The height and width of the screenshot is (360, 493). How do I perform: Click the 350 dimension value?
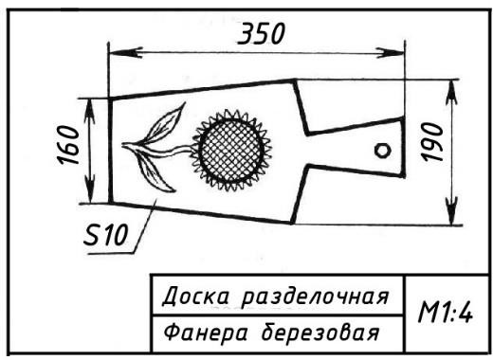point(262,33)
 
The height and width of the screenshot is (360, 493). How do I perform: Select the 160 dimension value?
point(68,145)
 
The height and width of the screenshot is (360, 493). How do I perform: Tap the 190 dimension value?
point(433,142)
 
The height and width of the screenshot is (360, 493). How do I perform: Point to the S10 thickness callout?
point(105,234)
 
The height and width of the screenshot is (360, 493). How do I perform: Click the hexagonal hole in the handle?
point(383,151)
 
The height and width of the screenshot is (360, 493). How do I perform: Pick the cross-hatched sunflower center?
point(231,151)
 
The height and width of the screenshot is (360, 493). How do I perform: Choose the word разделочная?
point(315,297)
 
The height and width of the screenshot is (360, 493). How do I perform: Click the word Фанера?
point(205,333)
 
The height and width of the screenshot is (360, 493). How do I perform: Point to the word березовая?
point(320,332)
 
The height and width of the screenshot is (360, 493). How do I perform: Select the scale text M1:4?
point(446,313)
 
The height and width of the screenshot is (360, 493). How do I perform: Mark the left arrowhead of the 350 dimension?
point(125,52)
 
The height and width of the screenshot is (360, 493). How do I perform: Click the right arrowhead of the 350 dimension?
point(390,53)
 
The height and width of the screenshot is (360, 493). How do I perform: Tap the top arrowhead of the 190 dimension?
point(452,93)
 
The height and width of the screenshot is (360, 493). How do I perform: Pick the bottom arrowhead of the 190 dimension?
point(452,211)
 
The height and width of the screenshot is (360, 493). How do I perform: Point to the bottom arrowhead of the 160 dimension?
point(90,190)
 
